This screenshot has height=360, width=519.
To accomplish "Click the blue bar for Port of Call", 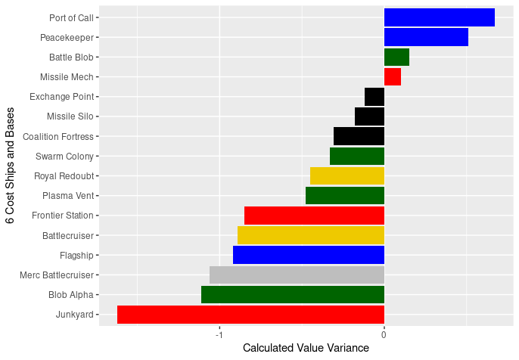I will pyautogui.click(x=439, y=17).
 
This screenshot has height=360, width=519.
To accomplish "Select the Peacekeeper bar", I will pyautogui.click(x=426, y=37).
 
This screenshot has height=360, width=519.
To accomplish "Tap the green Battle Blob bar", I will pyautogui.click(x=396, y=57).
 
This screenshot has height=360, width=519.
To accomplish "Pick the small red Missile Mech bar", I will pyautogui.click(x=393, y=76).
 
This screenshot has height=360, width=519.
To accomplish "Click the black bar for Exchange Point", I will pyautogui.click(x=374, y=97).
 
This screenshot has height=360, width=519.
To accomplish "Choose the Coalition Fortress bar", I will pyautogui.click(x=359, y=136).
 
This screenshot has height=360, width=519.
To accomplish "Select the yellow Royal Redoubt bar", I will pyautogui.click(x=347, y=176).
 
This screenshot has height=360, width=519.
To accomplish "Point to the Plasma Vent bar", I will pyautogui.click(x=345, y=196).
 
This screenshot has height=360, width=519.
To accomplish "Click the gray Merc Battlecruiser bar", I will pyautogui.click(x=297, y=275).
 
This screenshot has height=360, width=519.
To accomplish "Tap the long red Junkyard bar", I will pyautogui.click(x=250, y=315).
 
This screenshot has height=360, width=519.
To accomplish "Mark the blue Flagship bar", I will pyautogui.click(x=309, y=255).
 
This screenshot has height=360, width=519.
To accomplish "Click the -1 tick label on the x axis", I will pyautogui.click(x=219, y=334).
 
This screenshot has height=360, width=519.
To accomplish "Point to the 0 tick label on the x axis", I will pyautogui.click(x=384, y=334).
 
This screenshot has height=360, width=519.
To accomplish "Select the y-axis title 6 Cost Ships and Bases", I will pyautogui.click(x=10, y=166).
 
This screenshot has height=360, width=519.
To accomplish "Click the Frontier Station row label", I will pyautogui.click(x=63, y=216).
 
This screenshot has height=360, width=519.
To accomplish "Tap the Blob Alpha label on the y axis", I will pyautogui.click(x=70, y=295).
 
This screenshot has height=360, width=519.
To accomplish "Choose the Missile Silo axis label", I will pyautogui.click(x=70, y=116).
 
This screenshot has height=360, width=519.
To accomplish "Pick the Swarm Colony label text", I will pyautogui.click(x=64, y=157).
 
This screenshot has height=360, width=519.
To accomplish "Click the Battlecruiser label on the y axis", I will pyautogui.click(x=67, y=236).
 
